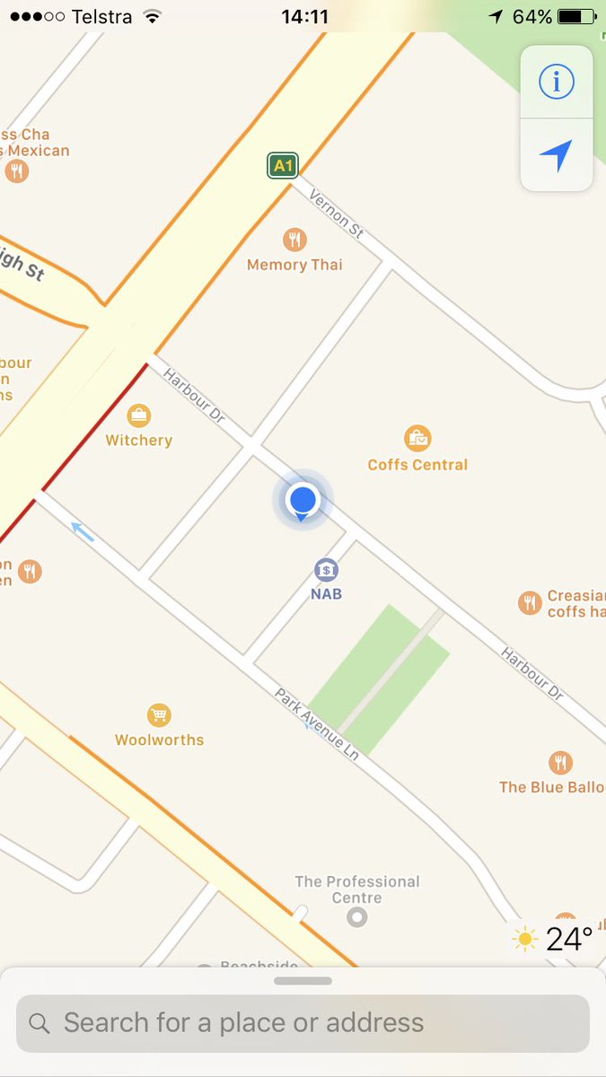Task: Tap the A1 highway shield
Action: [x=283, y=165]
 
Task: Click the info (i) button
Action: [x=557, y=82]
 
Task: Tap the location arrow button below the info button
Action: [x=557, y=155]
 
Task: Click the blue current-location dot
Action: [x=303, y=499]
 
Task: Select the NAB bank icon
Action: [x=326, y=570]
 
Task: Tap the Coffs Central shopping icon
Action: [x=417, y=439]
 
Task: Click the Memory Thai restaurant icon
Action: [x=294, y=240]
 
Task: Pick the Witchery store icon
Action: [x=138, y=416]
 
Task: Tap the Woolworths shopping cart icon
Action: [x=159, y=715]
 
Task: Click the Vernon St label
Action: [x=337, y=214]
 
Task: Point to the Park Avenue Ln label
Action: [x=317, y=725]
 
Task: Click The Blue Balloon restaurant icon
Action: [x=560, y=763]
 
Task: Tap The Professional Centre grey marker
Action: [x=357, y=917]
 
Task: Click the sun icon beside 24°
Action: [x=525, y=940]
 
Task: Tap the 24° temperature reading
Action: [x=569, y=940]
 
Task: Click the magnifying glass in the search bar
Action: [x=40, y=1023]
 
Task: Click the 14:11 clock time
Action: [x=304, y=17]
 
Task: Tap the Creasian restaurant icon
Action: [x=530, y=603]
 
